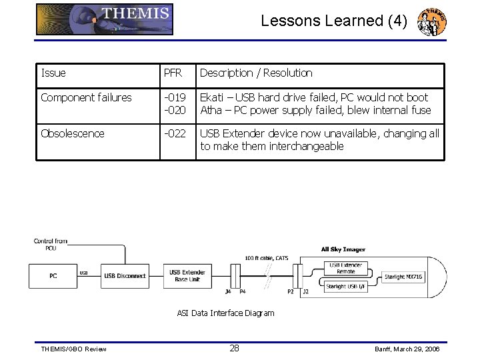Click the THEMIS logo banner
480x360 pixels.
tap(105, 19)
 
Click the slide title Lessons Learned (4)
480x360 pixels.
tap(333, 21)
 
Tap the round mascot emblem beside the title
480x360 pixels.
tap(431, 22)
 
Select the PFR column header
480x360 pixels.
tap(173, 73)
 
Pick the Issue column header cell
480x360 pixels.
tap(53, 73)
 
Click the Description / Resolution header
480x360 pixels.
tap(256, 73)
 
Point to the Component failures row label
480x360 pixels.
tap(86, 98)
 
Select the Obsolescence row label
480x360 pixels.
tap(73, 133)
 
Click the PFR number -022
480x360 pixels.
tap(175, 133)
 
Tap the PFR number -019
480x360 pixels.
tap(175, 98)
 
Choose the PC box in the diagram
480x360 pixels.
tap(53, 276)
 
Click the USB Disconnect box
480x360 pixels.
tap(125, 276)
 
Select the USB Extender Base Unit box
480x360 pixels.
tap(187, 276)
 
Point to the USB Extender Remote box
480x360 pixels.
tap(347, 269)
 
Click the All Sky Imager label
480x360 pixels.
tap(343, 250)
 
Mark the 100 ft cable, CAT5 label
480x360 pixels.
tap(266, 258)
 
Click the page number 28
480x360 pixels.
tap(235, 348)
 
